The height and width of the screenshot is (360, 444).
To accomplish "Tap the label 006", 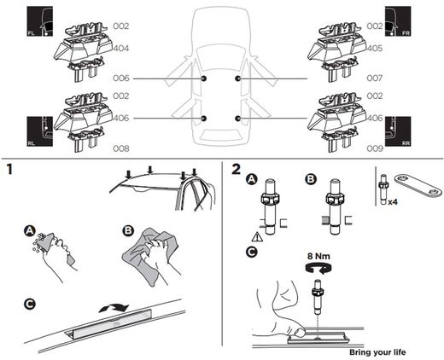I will point(122,78).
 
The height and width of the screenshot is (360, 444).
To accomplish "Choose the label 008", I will point(122,147).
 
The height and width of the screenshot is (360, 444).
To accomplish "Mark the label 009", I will point(374,147).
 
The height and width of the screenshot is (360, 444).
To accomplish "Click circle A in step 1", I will point(30,230).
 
